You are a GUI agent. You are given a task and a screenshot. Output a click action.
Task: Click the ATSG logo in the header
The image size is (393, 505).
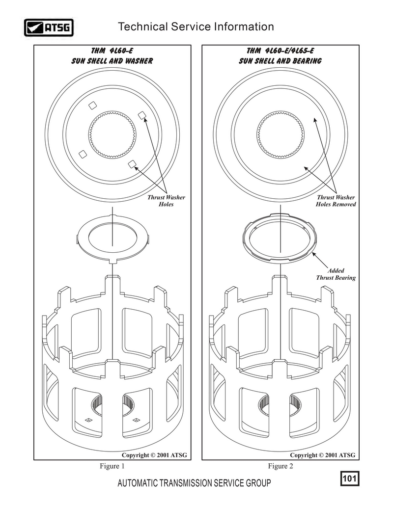49,27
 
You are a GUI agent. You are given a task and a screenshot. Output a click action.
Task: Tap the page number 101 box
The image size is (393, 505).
349,478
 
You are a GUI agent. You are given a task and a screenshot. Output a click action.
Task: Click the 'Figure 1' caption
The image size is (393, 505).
112,466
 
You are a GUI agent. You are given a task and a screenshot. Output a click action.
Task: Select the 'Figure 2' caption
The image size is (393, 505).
281,466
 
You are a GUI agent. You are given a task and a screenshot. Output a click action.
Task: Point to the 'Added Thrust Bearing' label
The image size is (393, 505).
336,274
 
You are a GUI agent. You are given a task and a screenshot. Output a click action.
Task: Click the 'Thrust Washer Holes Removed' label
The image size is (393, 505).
336,201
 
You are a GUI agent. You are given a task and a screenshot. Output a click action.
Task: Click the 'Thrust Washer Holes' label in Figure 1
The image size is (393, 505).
167,201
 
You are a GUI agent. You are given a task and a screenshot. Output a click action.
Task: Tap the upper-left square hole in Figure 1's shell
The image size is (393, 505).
93,105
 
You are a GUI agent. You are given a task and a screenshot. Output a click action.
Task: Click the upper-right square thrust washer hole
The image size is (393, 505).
142,116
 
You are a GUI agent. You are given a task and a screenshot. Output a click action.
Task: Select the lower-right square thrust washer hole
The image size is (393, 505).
132,164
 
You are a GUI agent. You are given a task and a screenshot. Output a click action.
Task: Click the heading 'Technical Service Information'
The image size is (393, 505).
196,27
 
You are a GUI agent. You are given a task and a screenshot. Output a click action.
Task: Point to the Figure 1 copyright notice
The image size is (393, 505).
154,455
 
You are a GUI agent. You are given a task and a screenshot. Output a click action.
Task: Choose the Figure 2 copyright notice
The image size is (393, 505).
322,455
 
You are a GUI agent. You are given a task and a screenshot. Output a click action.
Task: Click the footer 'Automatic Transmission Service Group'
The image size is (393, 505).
194,483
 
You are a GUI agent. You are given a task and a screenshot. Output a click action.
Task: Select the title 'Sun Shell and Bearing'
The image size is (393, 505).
280,61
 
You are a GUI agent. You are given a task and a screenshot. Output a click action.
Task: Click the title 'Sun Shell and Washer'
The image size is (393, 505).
112,61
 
